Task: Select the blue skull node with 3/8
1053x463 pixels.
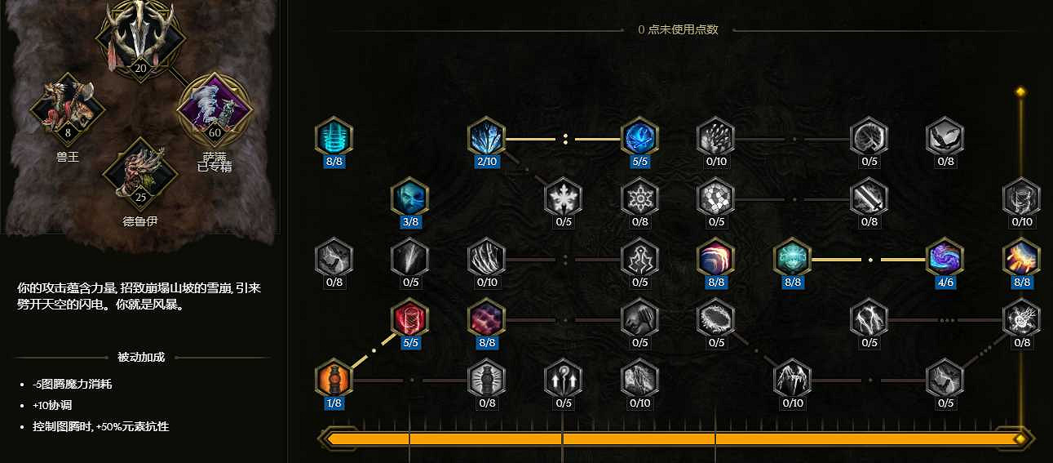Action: [410, 198]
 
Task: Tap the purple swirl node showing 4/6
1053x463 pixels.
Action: [945, 259]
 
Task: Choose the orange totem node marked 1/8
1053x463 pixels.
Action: [334, 379]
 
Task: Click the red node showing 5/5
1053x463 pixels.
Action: [410, 318]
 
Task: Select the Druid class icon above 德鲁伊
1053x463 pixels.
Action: [140, 170]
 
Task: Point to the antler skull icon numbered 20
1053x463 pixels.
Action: [140, 37]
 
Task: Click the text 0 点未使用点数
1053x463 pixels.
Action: [678, 29]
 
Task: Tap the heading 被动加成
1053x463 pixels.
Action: [141, 357]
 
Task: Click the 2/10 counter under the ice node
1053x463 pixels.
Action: [487, 161]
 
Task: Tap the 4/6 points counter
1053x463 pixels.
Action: [945, 283]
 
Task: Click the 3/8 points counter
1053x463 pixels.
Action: [410, 221]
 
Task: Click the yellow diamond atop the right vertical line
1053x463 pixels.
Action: [1020, 91]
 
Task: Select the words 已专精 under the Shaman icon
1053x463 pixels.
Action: [215, 167]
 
